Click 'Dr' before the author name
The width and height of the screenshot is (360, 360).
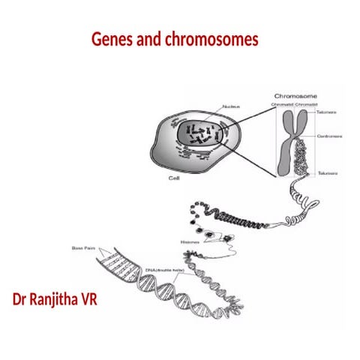(21, 301)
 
